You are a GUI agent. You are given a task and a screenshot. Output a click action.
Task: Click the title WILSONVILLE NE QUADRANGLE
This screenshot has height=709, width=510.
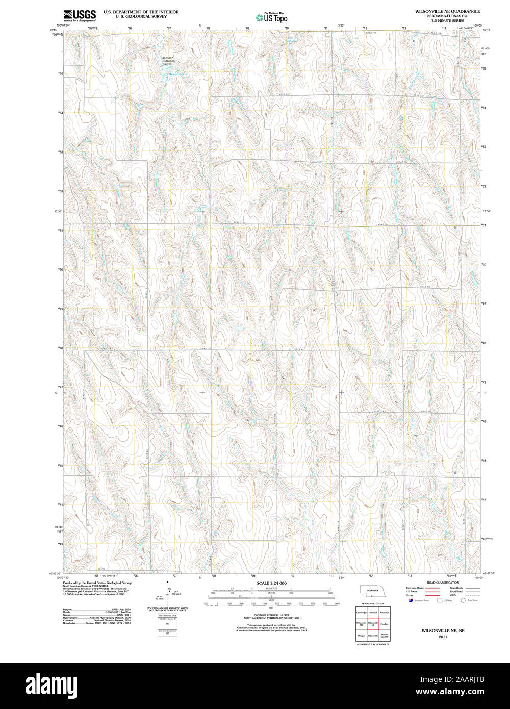(447, 11)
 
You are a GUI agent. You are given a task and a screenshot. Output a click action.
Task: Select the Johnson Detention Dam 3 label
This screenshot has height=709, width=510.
(168, 61)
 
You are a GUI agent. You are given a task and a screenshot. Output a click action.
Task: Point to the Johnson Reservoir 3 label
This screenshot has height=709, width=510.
(178, 72)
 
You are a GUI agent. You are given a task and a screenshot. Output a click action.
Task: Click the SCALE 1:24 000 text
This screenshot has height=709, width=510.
(271, 583)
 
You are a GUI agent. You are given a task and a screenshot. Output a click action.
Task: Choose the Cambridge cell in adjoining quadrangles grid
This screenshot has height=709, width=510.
(361, 612)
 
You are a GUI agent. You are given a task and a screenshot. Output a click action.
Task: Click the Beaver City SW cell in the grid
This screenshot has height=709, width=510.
(385, 637)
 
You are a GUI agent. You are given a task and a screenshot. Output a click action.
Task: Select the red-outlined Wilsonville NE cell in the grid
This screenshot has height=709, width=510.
(373, 624)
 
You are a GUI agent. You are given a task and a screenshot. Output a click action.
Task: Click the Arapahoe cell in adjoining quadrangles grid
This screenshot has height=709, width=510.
(385, 612)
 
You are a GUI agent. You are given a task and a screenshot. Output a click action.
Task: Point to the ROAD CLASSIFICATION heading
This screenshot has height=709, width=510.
(443, 583)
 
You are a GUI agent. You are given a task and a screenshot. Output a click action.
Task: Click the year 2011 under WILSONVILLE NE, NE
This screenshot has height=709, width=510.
(443, 637)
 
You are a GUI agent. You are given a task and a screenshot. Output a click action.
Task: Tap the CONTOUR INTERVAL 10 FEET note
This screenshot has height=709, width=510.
(271, 615)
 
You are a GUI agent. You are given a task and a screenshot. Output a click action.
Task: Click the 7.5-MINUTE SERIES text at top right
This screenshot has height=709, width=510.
(447, 20)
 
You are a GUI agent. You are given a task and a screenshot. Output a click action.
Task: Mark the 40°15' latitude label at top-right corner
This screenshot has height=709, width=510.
(487, 30)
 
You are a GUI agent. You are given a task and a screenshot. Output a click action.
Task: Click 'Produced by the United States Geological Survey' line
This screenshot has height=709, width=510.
(97, 583)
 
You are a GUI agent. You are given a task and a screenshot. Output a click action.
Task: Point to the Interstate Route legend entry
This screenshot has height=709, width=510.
(416, 588)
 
